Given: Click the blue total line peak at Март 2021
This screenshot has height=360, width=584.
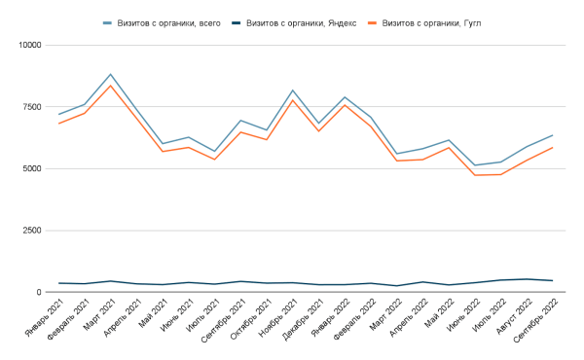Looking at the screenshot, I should (111, 75).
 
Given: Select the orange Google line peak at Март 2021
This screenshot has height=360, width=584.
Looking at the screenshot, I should (111, 86).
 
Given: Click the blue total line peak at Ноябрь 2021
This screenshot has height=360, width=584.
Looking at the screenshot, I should (293, 90).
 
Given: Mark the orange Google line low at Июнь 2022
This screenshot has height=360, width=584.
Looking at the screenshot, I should (475, 175).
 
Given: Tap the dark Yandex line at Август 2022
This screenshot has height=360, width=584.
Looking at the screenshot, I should (527, 279).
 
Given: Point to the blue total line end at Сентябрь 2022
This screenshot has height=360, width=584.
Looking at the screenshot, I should (553, 135).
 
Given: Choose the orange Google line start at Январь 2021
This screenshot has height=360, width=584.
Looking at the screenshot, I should (59, 124).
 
